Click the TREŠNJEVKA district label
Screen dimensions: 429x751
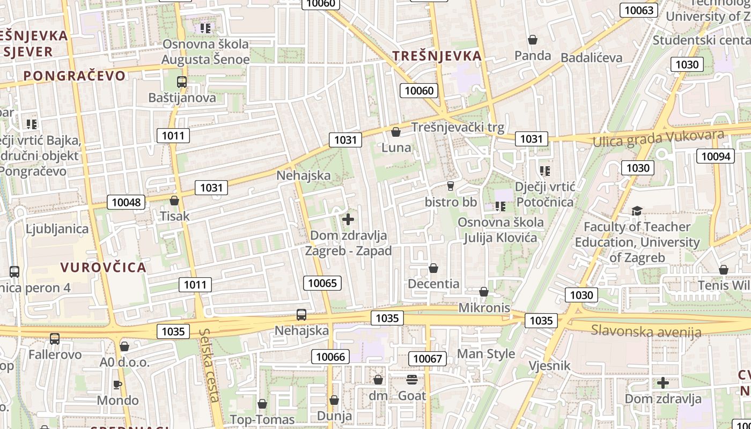coord(437,56)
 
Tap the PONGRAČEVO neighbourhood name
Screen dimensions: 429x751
coord(75,76)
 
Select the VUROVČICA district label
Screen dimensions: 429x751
coord(103,267)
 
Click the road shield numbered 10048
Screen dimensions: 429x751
coord(127,202)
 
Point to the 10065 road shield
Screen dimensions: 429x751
coord(322,283)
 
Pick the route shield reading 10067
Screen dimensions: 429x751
coord(428,358)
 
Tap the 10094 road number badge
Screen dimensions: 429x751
coord(716,156)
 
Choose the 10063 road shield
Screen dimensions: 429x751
coord(639,10)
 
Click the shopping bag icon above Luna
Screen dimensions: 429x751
coord(396,132)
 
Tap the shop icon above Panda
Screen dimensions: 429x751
coord(533,40)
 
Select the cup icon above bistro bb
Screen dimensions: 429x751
coord(451,186)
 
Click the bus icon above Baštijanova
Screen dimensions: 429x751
coord(182,82)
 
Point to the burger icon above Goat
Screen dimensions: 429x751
coord(412,380)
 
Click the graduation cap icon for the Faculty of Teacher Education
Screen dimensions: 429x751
coord(637,211)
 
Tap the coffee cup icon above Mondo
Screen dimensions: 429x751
coord(117,384)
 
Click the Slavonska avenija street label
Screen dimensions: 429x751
coord(646,331)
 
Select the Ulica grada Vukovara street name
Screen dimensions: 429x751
coord(658,138)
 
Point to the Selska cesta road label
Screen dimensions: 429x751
coord(209,365)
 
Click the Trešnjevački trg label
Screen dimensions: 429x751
coord(458,127)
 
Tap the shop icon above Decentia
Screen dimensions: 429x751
coord(433,268)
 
